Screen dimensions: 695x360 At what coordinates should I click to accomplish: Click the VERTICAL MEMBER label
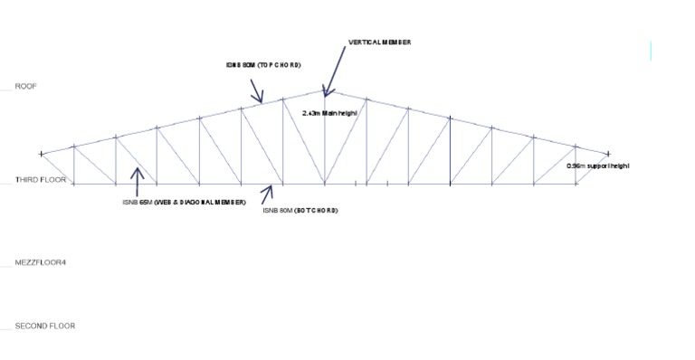tap(379, 43)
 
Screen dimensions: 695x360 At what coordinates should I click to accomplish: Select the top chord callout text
tap(262, 65)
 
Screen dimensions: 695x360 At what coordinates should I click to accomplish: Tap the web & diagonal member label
tap(185, 202)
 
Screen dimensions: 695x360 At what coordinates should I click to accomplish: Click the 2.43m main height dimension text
tap(331, 113)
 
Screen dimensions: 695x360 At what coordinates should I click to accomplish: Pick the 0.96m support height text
tap(597, 166)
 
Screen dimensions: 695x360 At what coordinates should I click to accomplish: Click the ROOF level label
tap(26, 86)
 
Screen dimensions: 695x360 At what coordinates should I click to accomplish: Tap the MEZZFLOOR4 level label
tap(40, 262)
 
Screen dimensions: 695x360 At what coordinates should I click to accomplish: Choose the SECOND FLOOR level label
tap(44, 326)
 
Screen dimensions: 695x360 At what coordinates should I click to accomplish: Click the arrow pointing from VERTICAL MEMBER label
tap(334, 71)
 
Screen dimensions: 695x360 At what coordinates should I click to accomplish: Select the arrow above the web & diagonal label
tap(137, 181)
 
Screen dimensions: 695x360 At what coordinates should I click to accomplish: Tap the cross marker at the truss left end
tap(41, 155)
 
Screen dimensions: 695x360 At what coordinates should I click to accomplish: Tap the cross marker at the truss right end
tap(608, 154)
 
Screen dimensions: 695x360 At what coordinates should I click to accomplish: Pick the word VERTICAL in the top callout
tap(365, 43)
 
